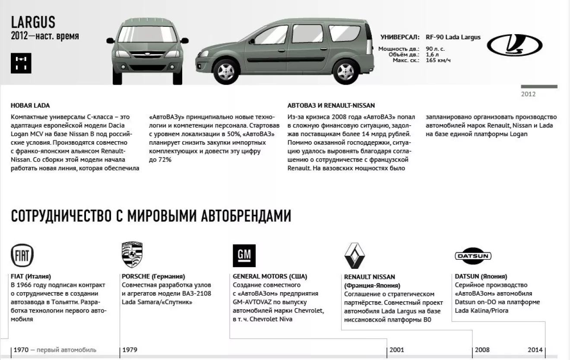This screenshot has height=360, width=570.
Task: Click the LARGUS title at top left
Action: coord(33,22)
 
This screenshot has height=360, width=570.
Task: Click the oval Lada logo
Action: coord(515,45)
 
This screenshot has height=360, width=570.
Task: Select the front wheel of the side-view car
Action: coord(226,70)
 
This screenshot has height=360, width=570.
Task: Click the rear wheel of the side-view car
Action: coord(345,70)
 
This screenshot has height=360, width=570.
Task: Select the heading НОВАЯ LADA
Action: coord(30,105)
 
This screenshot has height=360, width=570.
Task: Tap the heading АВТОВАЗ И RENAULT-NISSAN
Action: coord(331,105)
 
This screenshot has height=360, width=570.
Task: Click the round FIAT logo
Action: coord(22,255)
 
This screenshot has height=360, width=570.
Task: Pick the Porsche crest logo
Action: coord(132,255)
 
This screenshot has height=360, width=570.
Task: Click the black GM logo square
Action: coord(244,255)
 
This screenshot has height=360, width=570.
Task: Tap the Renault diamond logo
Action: coord(355,255)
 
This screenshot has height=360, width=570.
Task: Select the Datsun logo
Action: coord(473,256)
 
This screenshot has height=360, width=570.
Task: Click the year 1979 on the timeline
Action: coord(130,350)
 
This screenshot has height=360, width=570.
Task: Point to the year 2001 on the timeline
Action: coord(397,350)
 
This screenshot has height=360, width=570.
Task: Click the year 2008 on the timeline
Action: coord(482,350)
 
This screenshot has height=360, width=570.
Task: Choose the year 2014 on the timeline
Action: coord(535,350)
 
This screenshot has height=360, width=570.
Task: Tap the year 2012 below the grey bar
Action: coord(528,94)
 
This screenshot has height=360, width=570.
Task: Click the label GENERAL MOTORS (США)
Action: coord(270,277)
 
